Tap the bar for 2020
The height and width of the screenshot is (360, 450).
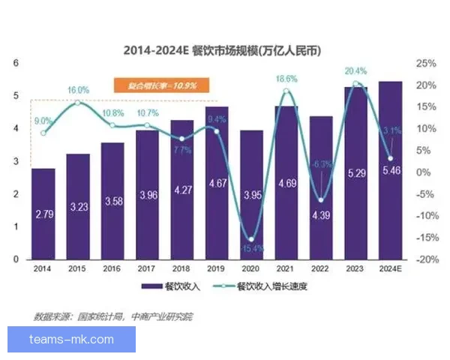click(252, 194)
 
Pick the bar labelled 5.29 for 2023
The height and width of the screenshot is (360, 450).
click(355, 172)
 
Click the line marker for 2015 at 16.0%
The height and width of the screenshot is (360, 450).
click(78, 102)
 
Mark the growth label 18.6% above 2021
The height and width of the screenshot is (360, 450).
click(286, 79)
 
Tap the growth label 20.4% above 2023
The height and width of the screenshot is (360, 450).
click(355, 71)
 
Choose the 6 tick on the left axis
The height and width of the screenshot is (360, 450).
click(16, 63)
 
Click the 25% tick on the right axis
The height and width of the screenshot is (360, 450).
click(425, 63)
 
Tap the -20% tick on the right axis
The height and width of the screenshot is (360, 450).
click(425, 259)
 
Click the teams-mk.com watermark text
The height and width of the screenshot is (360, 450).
click(72, 340)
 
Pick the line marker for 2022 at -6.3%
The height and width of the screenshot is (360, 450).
click(321, 200)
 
